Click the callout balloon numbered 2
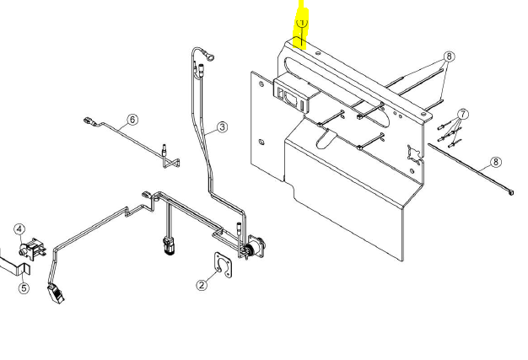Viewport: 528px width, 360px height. (x=202, y=285)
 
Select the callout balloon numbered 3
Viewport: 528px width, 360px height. (x=222, y=127)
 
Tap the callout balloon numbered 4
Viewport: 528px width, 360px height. (x=20, y=229)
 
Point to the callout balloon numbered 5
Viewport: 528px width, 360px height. (x=24, y=288)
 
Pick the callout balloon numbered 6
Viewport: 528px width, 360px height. (x=132, y=120)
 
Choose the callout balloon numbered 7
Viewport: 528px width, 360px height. (x=463, y=114)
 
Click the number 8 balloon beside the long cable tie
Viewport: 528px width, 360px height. (x=495, y=162)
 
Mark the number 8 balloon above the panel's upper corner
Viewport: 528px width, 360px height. (x=450, y=56)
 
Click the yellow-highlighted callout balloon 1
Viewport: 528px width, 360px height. (x=302, y=23)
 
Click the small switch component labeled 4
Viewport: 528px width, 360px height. (x=32, y=250)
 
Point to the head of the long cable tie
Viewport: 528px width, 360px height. (x=511, y=192)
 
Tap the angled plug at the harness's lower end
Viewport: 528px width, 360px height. (x=57, y=293)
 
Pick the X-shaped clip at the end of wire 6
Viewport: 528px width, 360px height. (x=171, y=163)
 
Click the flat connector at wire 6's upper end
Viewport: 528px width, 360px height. (x=89, y=121)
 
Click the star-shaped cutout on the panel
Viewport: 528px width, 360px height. (x=414, y=153)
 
